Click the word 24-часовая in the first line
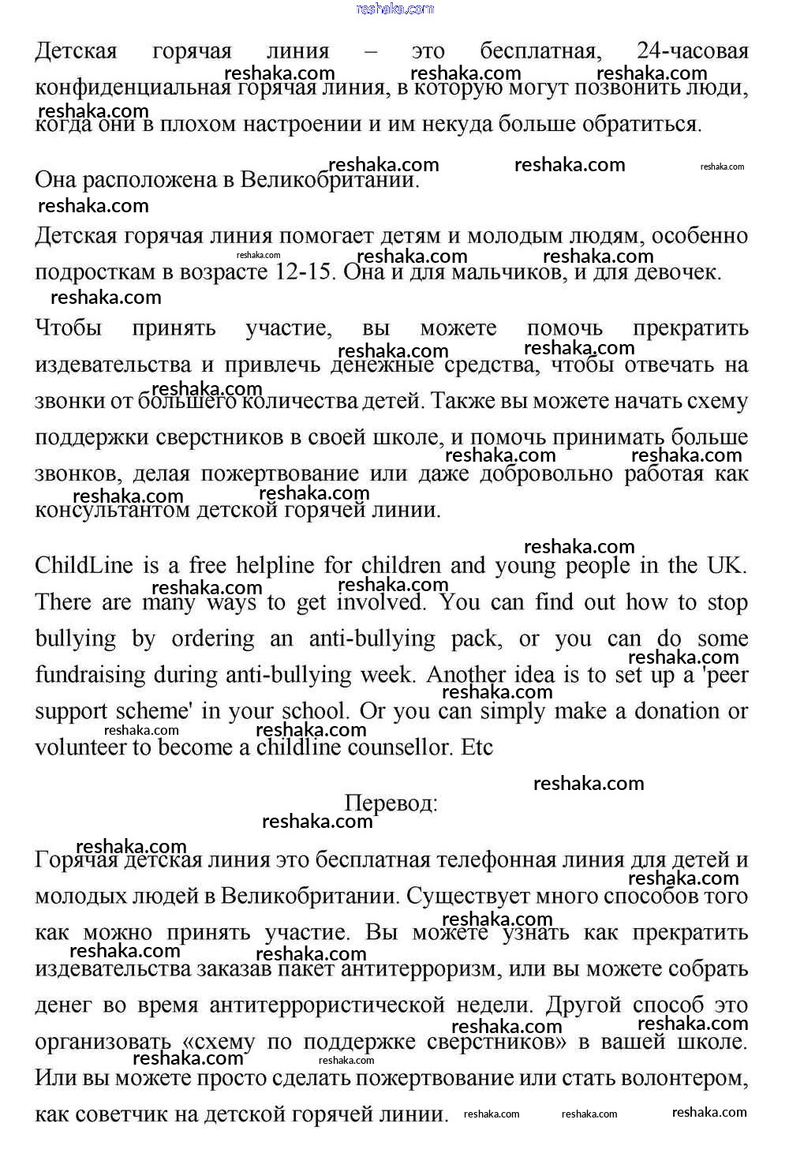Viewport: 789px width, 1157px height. [x=692, y=51]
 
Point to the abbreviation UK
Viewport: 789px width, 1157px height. [x=725, y=566]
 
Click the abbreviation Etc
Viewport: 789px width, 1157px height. [x=477, y=747]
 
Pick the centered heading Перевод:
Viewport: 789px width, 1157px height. [x=391, y=803]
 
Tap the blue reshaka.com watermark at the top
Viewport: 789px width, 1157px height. [x=394, y=9]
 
